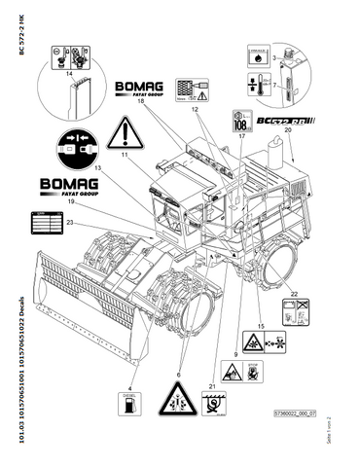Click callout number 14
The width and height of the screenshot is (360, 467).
coord(69,72)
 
